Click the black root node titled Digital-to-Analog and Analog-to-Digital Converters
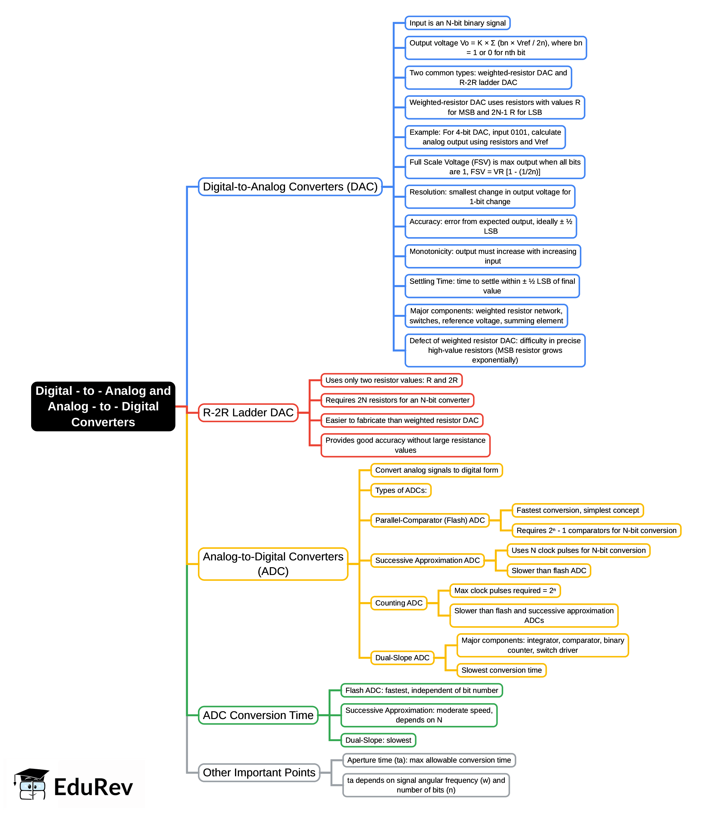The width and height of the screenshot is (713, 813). point(103,406)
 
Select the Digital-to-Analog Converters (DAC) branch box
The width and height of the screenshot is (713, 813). point(290,187)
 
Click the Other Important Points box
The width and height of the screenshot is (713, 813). point(259,773)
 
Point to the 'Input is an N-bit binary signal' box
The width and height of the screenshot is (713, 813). point(457,23)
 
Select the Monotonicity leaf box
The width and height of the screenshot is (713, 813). point(493,256)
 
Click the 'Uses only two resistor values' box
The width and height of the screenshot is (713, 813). point(391,380)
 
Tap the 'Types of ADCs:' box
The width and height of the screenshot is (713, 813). point(401,490)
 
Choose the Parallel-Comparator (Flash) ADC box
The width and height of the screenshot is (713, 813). point(430,520)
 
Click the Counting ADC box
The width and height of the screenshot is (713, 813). point(399,603)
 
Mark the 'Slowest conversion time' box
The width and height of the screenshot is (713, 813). point(501,670)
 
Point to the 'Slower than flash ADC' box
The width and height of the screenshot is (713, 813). point(549,570)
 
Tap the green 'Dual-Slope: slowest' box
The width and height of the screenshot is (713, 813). point(378,740)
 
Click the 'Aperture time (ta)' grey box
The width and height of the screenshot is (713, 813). point(429,760)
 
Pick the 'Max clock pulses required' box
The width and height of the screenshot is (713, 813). point(505,591)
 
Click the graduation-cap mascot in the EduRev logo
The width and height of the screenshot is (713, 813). point(32,784)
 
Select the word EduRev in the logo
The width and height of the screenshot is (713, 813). point(93,787)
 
